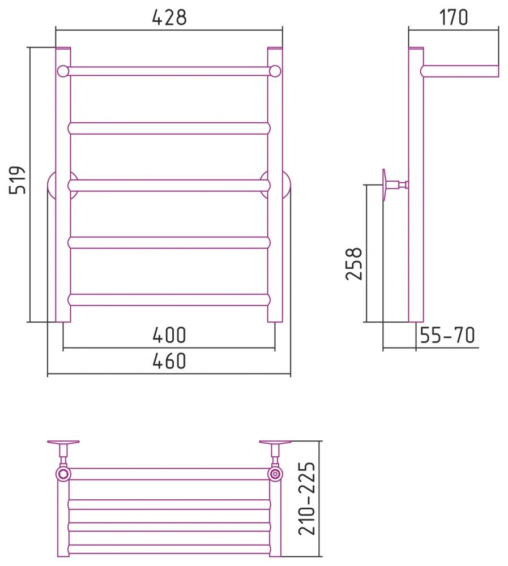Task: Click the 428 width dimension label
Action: tap(169, 17)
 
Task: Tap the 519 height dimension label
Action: tap(18, 180)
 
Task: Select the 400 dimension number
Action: tap(169, 335)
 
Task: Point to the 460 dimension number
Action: tap(169, 361)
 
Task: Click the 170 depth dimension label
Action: tap(454, 17)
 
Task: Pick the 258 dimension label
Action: tap(354, 264)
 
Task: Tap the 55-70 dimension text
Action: tap(447, 335)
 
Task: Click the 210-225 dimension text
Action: tap(307, 498)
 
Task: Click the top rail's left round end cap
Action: tap(63, 71)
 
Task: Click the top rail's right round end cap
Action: tap(275, 71)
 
